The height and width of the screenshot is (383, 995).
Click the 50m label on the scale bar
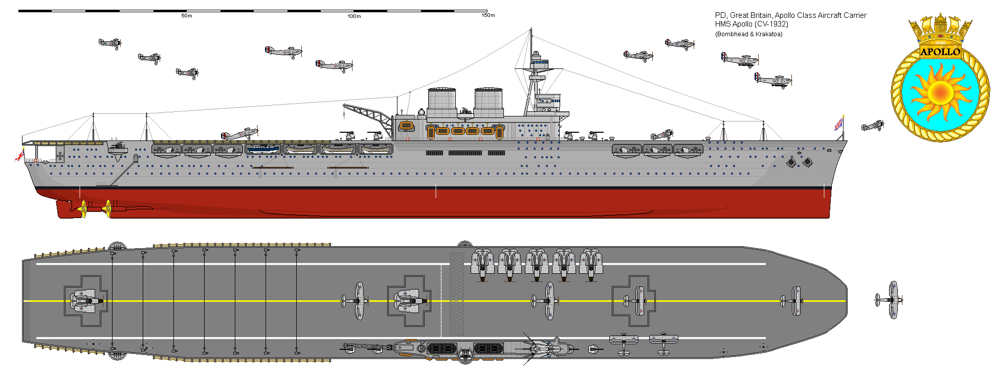(187, 16)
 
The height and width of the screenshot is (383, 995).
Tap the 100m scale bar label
(354, 16)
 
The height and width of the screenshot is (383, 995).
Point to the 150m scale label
(488, 15)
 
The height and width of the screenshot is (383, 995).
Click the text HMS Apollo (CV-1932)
(751, 24)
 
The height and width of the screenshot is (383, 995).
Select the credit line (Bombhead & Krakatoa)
(748, 34)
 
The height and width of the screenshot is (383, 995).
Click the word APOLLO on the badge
(940, 52)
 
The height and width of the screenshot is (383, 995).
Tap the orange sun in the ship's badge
(940, 92)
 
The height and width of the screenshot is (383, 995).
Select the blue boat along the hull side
(263, 149)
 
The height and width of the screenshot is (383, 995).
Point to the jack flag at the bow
(839, 124)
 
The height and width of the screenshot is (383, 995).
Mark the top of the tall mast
(531, 31)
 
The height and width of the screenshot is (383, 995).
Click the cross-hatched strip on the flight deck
(456, 294)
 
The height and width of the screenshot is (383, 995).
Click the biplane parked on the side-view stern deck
(240, 134)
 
